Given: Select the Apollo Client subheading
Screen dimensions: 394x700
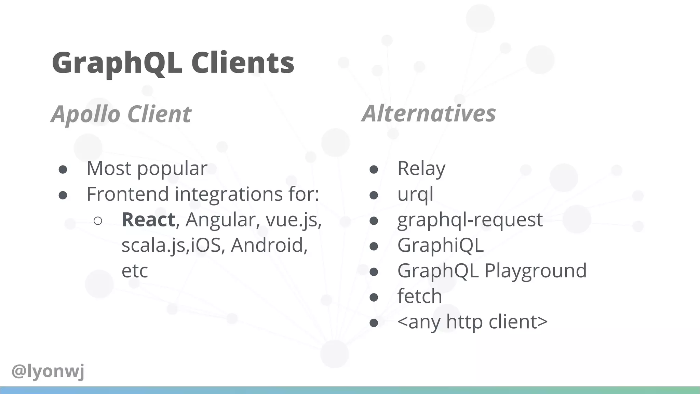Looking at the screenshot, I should pyautogui.click(x=121, y=114).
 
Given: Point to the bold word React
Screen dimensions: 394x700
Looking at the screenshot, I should pyautogui.click(x=148, y=220).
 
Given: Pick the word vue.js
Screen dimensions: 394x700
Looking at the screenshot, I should pyautogui.click(x=293, y=220).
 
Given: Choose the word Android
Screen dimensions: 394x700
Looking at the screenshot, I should pyautogui.click(x=269, y=245).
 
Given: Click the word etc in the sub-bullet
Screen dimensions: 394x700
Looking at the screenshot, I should pyautogui.click(x=135, y=271).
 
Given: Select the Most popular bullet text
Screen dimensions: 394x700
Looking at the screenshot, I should pyautogui.click(x=147, y=168).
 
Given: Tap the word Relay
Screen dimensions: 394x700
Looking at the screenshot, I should pyautogui.click(x=421, y=168).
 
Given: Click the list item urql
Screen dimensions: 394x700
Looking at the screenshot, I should pyautogui.click(x=415, y=194).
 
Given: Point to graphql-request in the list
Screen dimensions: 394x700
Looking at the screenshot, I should pyautogui.click(x=470, y=220).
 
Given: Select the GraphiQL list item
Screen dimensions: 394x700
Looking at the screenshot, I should pyautogui.click(x=440, y=245).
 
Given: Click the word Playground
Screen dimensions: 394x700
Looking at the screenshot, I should pyautogui.click(x=536, y=271).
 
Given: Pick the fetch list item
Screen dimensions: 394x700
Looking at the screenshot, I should pyautogui.click(x=419, y=296).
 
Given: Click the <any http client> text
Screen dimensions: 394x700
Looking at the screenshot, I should pyautogui.click(x=472, y=322).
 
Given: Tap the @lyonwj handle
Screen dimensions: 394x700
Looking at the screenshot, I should pyautogui.click(x=48, y=371).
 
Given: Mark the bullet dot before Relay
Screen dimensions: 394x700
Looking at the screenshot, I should pyautogui.click(x=374, y=170).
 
